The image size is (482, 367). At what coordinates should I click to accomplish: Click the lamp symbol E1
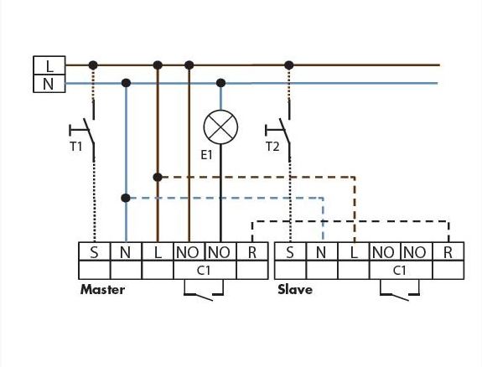pos(220,127)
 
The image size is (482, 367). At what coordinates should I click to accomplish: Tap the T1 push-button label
pos(76,147)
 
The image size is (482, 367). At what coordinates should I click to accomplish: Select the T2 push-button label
pos(272,147)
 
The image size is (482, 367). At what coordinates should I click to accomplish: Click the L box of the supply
pos(49,65)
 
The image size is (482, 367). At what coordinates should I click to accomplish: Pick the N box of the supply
pos(49,83)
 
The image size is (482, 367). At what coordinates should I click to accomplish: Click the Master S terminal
pos(95,251)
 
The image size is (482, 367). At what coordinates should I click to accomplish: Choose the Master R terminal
pos(252,251)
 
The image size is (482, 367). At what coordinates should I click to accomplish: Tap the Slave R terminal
pos(448,251)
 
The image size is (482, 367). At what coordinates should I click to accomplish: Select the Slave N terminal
pos(322,251)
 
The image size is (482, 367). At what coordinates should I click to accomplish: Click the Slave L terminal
pos(354,251)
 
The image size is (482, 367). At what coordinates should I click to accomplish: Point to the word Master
pos(102,290)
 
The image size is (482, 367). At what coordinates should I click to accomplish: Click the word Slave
pos(295,290)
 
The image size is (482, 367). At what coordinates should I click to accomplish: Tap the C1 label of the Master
pos(204,271)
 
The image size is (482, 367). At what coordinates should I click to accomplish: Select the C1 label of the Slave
pos(400,271)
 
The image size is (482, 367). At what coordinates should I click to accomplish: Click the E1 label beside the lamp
pos(206,155)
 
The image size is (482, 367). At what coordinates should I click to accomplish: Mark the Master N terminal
pos(126,251)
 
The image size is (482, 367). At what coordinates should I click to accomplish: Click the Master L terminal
pos(158,251)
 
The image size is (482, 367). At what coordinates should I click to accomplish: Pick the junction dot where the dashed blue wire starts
pos(126,198)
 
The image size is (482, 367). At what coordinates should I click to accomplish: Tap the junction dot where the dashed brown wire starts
pos(158,177)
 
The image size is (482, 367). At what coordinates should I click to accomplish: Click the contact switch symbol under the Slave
pos(400,291)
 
